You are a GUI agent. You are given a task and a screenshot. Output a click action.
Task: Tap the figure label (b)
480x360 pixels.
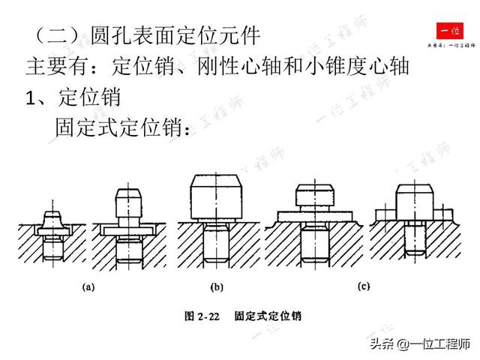tap(217, 286)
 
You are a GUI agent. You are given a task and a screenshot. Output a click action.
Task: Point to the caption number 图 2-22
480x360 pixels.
tap(201, 316)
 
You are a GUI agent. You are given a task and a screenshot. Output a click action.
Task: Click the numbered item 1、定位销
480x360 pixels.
tap(75, 97)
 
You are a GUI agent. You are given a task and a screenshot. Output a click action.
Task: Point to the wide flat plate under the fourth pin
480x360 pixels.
tap(314, 215)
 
